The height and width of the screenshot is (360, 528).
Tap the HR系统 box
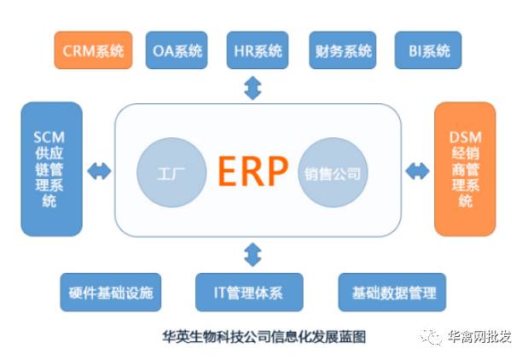(258, 50)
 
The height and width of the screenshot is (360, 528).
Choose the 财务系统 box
(340, 50)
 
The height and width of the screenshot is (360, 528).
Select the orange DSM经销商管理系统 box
(465, 169)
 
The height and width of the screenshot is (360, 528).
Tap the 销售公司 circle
(332, 174)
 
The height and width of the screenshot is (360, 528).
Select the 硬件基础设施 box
(111, 293)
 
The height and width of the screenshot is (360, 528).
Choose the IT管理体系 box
(248, 293)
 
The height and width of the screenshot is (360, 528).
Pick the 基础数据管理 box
(393, 293)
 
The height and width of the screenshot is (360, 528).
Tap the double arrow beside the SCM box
(99, 171)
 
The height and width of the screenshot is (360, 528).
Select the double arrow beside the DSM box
(417, 171)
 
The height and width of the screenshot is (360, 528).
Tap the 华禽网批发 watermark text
(479, 336)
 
